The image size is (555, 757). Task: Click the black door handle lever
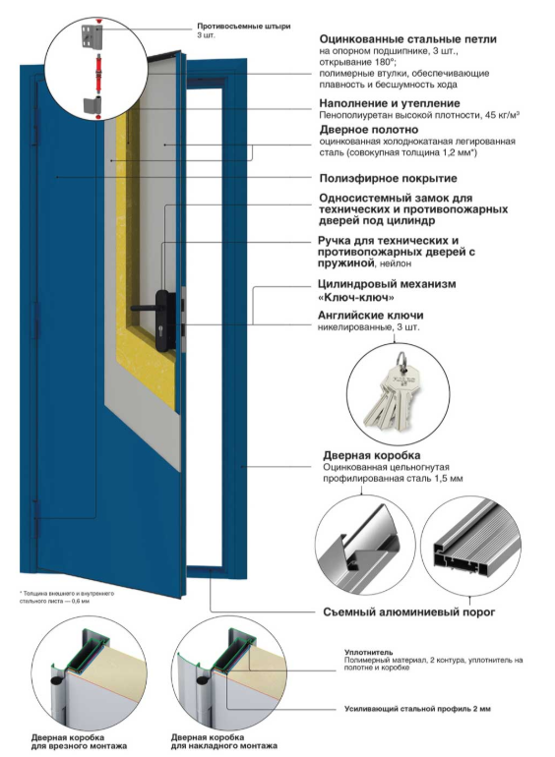click(143, 307)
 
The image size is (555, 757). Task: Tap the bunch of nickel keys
click(394, 393)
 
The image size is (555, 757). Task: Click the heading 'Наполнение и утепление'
click(390, 103)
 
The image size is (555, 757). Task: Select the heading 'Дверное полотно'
click(369, 130)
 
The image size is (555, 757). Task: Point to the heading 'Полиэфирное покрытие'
click(388, 179)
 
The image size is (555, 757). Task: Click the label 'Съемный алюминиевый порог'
click(408, 612)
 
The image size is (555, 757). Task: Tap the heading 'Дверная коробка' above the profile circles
click(371, 455)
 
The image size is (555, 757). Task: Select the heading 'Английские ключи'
click(370, 316)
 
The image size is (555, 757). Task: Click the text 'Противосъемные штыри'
click(243, 27)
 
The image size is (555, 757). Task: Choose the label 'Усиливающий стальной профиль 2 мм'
click(417, 709)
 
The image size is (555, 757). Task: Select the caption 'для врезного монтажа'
click(79, 746)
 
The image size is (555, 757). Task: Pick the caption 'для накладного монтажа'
click(223, 746)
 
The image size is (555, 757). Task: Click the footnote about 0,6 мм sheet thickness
click(67, 597)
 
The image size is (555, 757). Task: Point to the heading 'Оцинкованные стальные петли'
click(407, 39)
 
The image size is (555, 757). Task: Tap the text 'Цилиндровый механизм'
click(387, 284)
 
